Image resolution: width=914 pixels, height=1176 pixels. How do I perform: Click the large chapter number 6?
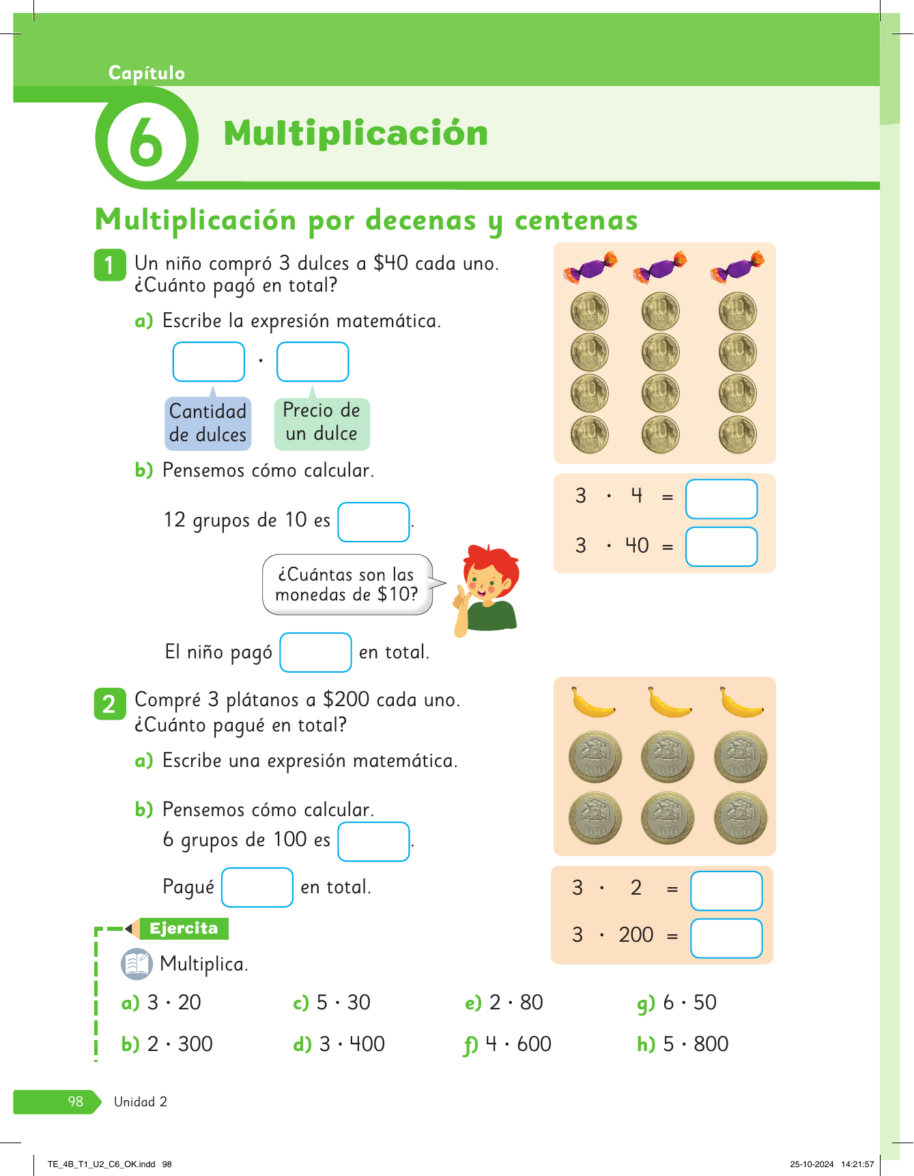point(146,141)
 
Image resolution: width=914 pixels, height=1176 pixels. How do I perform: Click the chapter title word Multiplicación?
point(356,133)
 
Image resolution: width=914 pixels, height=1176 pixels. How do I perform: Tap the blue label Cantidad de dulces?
point(208,423)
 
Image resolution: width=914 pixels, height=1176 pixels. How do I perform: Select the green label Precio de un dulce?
point(322,423)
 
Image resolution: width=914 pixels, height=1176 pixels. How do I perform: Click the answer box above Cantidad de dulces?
point(209,362)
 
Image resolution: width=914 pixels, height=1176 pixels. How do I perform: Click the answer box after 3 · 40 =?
point(721,547)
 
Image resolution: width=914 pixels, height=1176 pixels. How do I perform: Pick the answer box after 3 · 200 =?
point(726,938)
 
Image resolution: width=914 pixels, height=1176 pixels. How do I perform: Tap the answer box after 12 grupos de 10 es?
point(373,522)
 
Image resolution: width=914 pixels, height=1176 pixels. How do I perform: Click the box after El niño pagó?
point(315,653)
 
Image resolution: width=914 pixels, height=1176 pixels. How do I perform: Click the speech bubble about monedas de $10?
point(347,585)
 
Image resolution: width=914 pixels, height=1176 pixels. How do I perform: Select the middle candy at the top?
point(660,268)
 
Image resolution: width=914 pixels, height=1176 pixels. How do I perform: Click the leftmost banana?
point(592,703)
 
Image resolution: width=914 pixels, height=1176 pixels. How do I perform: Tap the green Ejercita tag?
point(183,929)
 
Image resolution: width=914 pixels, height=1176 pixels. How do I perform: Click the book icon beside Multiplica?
point(137,964)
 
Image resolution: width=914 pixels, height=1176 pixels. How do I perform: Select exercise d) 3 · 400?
point(339,1044)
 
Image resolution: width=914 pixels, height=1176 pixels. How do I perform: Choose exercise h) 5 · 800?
point(683,1044)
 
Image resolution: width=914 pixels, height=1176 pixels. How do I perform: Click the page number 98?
point(75,1102)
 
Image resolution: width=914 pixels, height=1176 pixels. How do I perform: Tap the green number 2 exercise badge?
point(109,704)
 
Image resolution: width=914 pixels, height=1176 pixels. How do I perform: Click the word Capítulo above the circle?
point(146,73)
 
